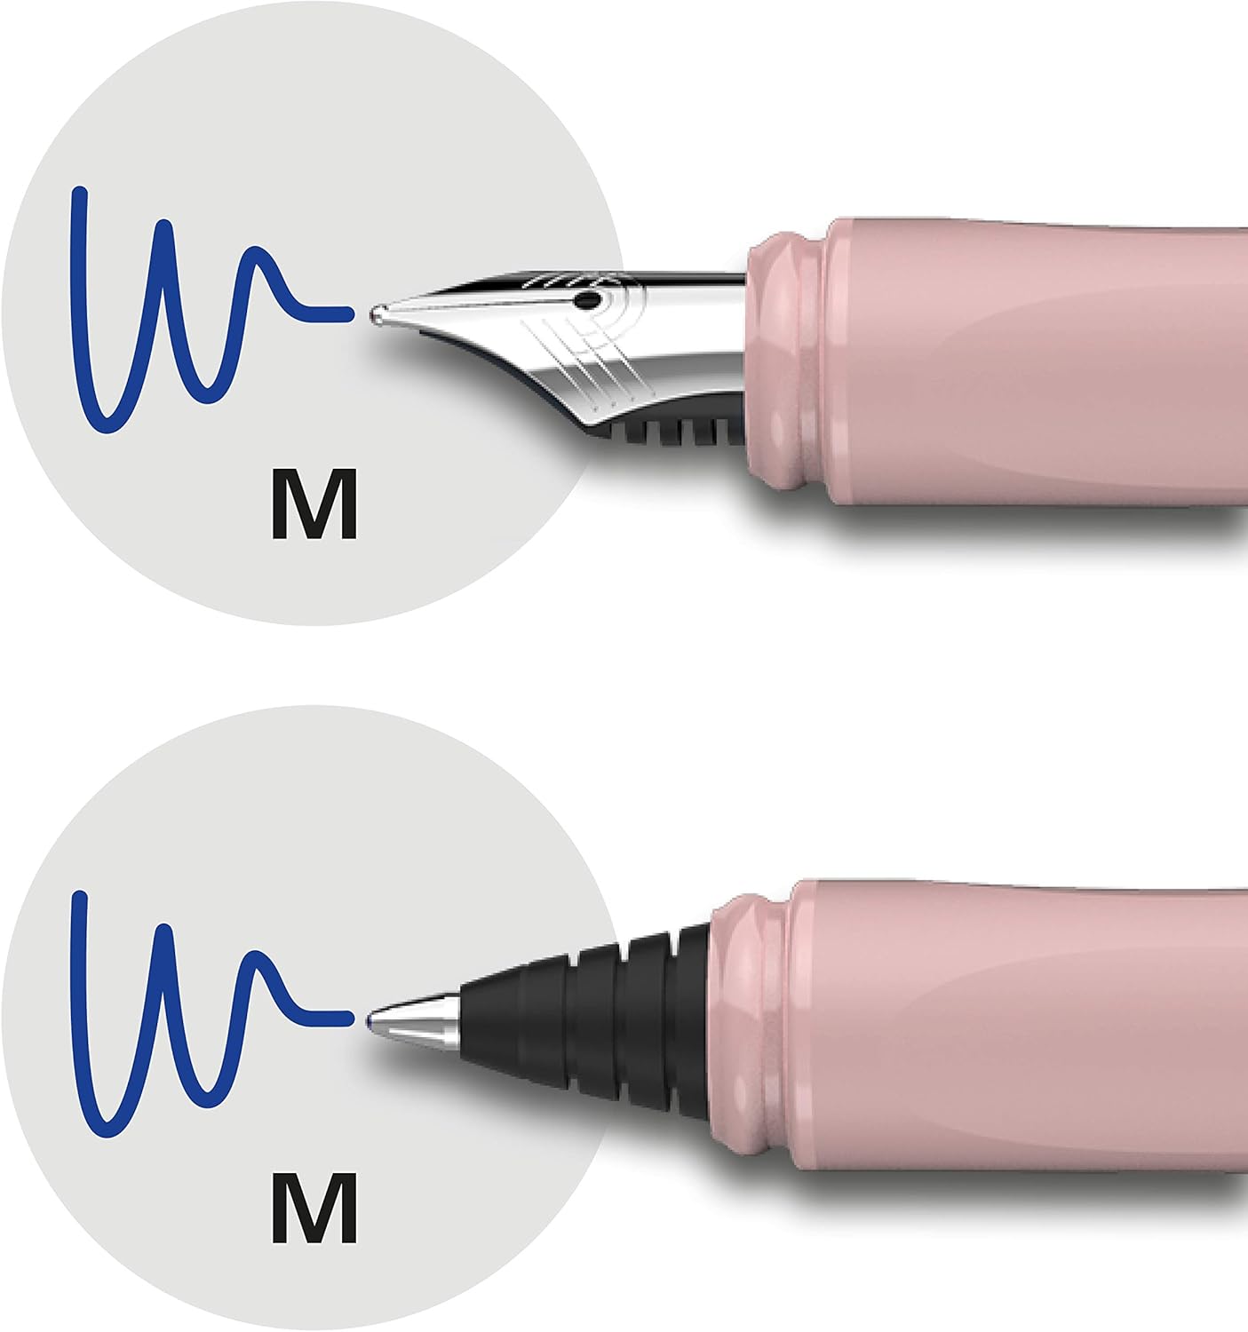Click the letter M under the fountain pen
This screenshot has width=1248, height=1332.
(314, 504)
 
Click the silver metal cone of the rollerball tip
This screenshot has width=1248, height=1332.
(416, 1020)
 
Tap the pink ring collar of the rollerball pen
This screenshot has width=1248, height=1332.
(747, 1023)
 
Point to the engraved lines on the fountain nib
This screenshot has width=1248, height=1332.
(584, 362)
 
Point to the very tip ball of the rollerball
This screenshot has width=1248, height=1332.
(372, 1020)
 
